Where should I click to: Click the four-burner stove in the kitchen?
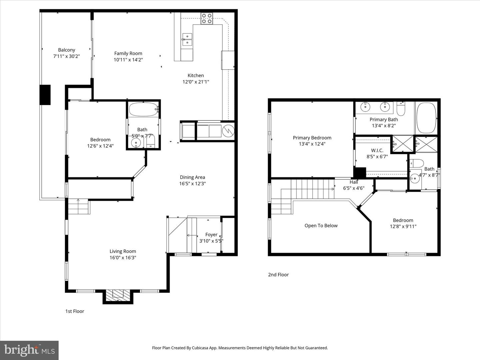(207, 18)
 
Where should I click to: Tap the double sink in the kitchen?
(187, 39)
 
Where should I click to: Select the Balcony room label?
(67, 50)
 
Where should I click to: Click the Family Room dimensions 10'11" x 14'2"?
(128, 60)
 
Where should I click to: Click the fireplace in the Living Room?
(118, 295)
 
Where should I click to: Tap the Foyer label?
(211, 235)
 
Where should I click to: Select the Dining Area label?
(192, 177)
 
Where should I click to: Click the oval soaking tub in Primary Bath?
(426, 118)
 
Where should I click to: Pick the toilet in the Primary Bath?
(401, 109)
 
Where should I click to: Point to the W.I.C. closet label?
(377, 150)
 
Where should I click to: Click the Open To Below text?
(321, 226)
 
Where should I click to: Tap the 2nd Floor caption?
(278, 275)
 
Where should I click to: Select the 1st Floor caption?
(75, 311)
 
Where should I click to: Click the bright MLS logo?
(29, 350)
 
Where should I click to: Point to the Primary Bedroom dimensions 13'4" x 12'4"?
(312, 144)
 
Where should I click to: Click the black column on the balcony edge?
(45, 95)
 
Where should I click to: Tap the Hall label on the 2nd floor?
(354, 182)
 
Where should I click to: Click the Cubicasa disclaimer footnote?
(240, 348)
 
